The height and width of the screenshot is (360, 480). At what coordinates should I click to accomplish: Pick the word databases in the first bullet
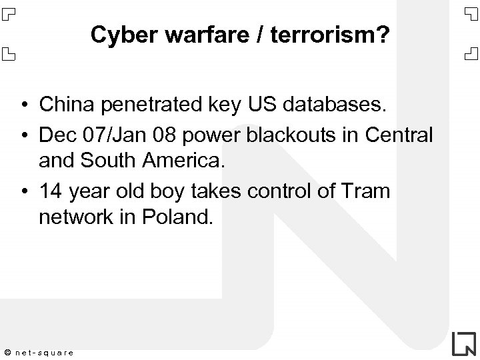tap(327, 104)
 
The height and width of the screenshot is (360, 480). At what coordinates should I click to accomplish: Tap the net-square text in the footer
tap(45, 351)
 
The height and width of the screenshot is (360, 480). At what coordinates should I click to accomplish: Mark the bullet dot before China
tap(23, 105)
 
